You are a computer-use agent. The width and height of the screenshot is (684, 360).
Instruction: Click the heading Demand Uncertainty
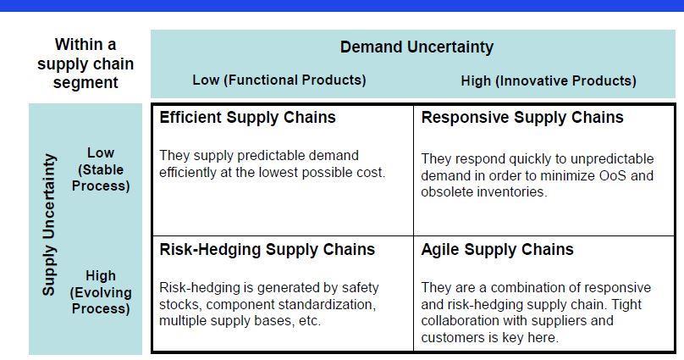coord(416,47)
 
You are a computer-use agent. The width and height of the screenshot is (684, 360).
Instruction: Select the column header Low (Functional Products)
coord(279,80)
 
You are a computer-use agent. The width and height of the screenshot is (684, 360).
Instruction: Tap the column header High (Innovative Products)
coord(549,80)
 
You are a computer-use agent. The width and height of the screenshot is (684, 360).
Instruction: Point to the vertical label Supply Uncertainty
coord(49,224)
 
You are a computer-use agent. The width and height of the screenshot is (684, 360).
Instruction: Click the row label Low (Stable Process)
coord(101,169)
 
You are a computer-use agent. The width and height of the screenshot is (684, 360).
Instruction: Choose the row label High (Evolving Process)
coord(101,292)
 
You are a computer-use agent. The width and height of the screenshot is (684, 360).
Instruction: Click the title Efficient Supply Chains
coord(247,118)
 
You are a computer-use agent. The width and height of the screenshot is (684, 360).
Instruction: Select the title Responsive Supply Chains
coord(522,118)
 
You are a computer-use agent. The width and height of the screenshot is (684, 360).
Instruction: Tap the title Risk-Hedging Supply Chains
coord(267,250)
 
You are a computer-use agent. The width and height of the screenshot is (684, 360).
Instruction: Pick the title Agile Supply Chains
coord(497,250)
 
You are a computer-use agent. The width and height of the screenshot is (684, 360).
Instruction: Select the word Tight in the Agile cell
coord(626,304)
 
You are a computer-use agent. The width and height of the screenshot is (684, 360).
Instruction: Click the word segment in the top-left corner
coord(85,83)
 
